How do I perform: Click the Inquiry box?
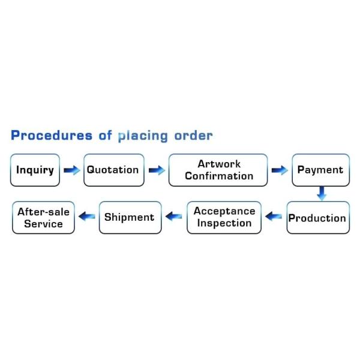pyautogui.click(x=35, y=170)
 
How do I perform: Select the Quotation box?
pyautogui.click(x=113, y=170)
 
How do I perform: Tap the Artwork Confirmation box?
pyautogui.click(x=218, y=170)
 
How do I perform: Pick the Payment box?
pyautogui.click(x=320, y=170)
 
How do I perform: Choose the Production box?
pyautogui.click(x=317, y=218)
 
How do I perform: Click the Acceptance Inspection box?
pyautogui.click(x=224, y=217)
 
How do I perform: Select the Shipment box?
pyautogui.click(x=130, y=217)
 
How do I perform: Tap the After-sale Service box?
pyautogui.click(x=43, y=218)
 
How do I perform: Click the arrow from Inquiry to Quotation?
pyautogui.click(x=72, y=170)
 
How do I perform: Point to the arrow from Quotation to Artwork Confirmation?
pyautogui.click(x=157, y=170)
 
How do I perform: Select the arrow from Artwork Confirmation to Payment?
pyautogui.click(x=280, y=170)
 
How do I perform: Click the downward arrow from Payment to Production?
pyautogui.click(x=322, y=193)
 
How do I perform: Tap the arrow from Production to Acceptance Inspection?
pyautogui.click(x=274, y=217)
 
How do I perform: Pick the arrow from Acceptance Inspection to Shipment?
pyautogui.click(x=174, y=217)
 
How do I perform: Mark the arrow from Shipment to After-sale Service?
pyautogui.click(x=88, y=217)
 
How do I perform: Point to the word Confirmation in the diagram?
pyautogui.click(x=219, y=176)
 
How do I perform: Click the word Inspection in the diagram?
pyautogui.click(x=224, y=223)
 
